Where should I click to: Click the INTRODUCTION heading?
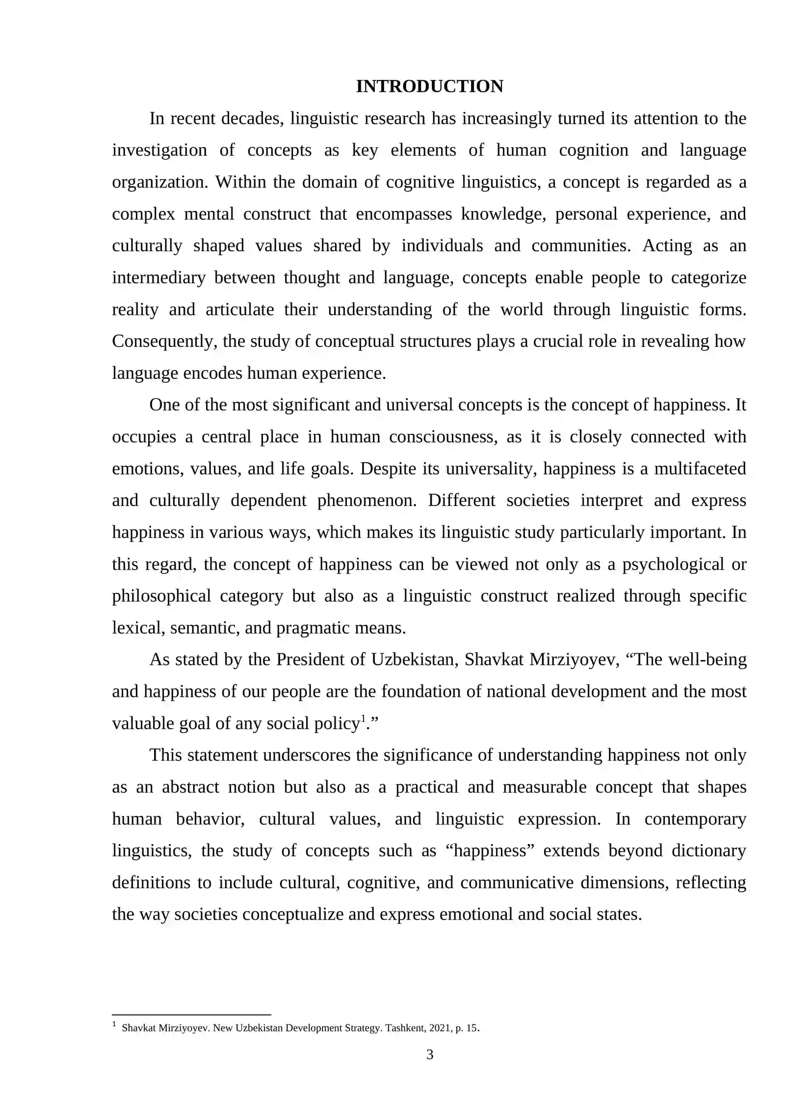429,86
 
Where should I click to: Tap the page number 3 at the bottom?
430,1054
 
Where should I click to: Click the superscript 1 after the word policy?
363,719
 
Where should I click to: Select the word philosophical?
161,596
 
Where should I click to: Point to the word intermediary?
158,278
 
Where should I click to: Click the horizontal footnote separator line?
191,1014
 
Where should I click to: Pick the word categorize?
708,278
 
